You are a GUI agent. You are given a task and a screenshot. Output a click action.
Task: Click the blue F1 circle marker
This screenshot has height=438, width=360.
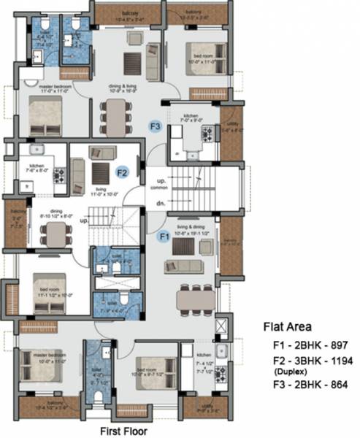[x=164, y=237]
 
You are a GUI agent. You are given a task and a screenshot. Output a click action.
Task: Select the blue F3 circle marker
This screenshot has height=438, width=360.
[x=155, y=126]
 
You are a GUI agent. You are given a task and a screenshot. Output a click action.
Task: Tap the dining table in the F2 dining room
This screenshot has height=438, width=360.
[x=53, y=233]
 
